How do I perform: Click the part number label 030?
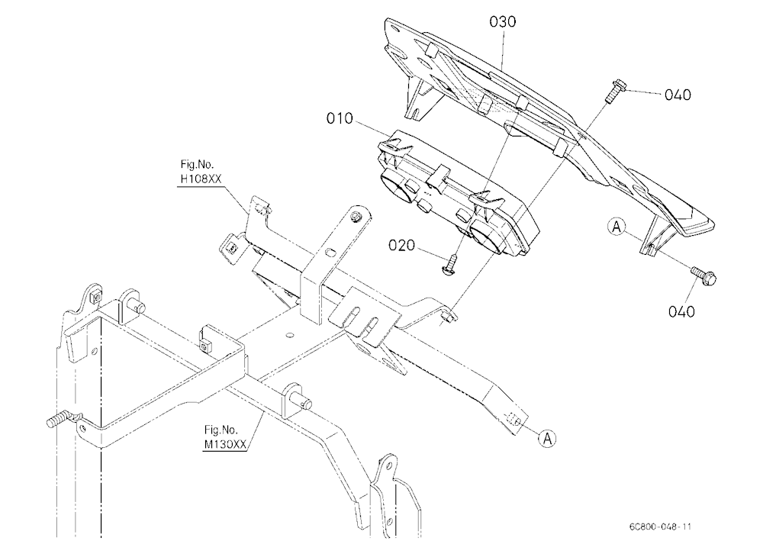click(503, 22)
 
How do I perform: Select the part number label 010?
click(340, 118)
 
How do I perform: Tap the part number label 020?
click(402, 246)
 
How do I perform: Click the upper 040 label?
click(678, 95)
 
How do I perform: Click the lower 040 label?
click(681, 311)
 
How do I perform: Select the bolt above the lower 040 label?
click(703, 276)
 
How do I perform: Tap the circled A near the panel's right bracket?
click(617, 227)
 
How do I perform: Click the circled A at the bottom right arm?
click(547, 438)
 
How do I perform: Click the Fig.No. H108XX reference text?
click(201, 172)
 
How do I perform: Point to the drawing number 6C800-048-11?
click(660, 527)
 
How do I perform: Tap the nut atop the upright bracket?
click(357, 216)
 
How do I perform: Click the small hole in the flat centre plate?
click(290, 335)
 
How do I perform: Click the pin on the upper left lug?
click(139, 308)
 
